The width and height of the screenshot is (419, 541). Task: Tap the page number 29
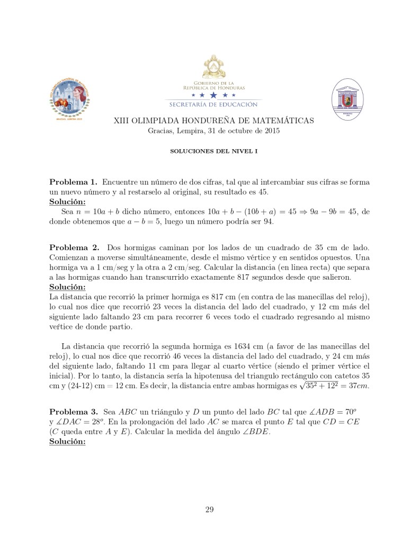click(x=209, y=510)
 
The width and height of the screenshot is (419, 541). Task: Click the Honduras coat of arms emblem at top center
click(x=213, y=68)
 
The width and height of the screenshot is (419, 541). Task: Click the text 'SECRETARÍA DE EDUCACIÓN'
click(x=213, y=104)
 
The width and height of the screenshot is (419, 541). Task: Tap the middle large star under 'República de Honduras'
click(x=213, y=95)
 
